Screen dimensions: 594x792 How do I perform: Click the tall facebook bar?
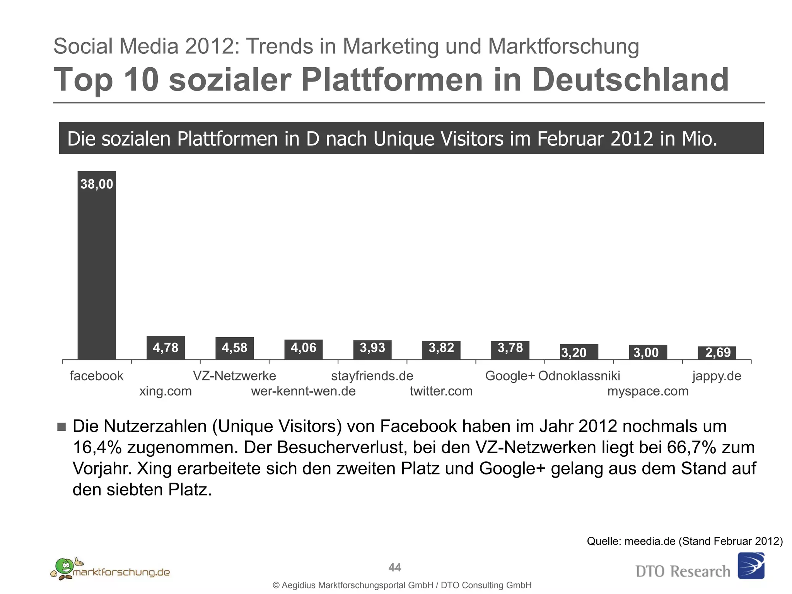tap(97, 271)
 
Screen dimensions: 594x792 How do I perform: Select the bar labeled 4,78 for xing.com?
tap(166, 348)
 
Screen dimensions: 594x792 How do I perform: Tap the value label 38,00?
tap(97, 184)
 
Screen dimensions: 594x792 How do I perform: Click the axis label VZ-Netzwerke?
tap(234, 376)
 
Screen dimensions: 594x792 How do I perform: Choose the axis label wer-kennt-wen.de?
tap(303, 391)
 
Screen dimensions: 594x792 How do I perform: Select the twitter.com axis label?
tap(441, 391)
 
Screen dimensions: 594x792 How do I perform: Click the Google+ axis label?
tap(509, 376)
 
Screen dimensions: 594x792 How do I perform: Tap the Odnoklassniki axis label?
tap(579, 376)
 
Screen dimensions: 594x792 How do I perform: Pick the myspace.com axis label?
tap(648, 391)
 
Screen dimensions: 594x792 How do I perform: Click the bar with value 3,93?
tap(372, 350)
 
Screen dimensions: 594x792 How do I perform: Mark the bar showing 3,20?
tap(579, 352)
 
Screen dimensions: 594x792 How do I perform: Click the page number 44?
tap(394, 567)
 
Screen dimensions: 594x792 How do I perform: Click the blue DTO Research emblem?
tap(751, 566)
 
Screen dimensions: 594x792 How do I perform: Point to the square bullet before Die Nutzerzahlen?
tap(61, 427)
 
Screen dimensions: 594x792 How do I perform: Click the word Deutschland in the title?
tap(630, 80)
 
